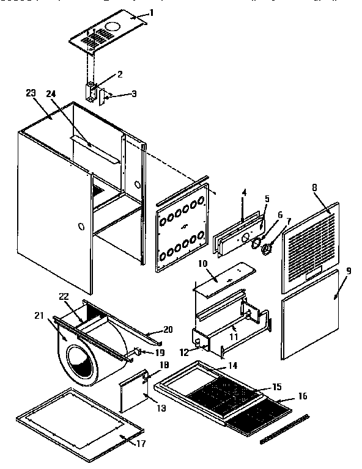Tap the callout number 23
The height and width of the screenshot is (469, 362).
[32, 93]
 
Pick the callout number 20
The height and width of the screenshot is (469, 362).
[168, 330]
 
